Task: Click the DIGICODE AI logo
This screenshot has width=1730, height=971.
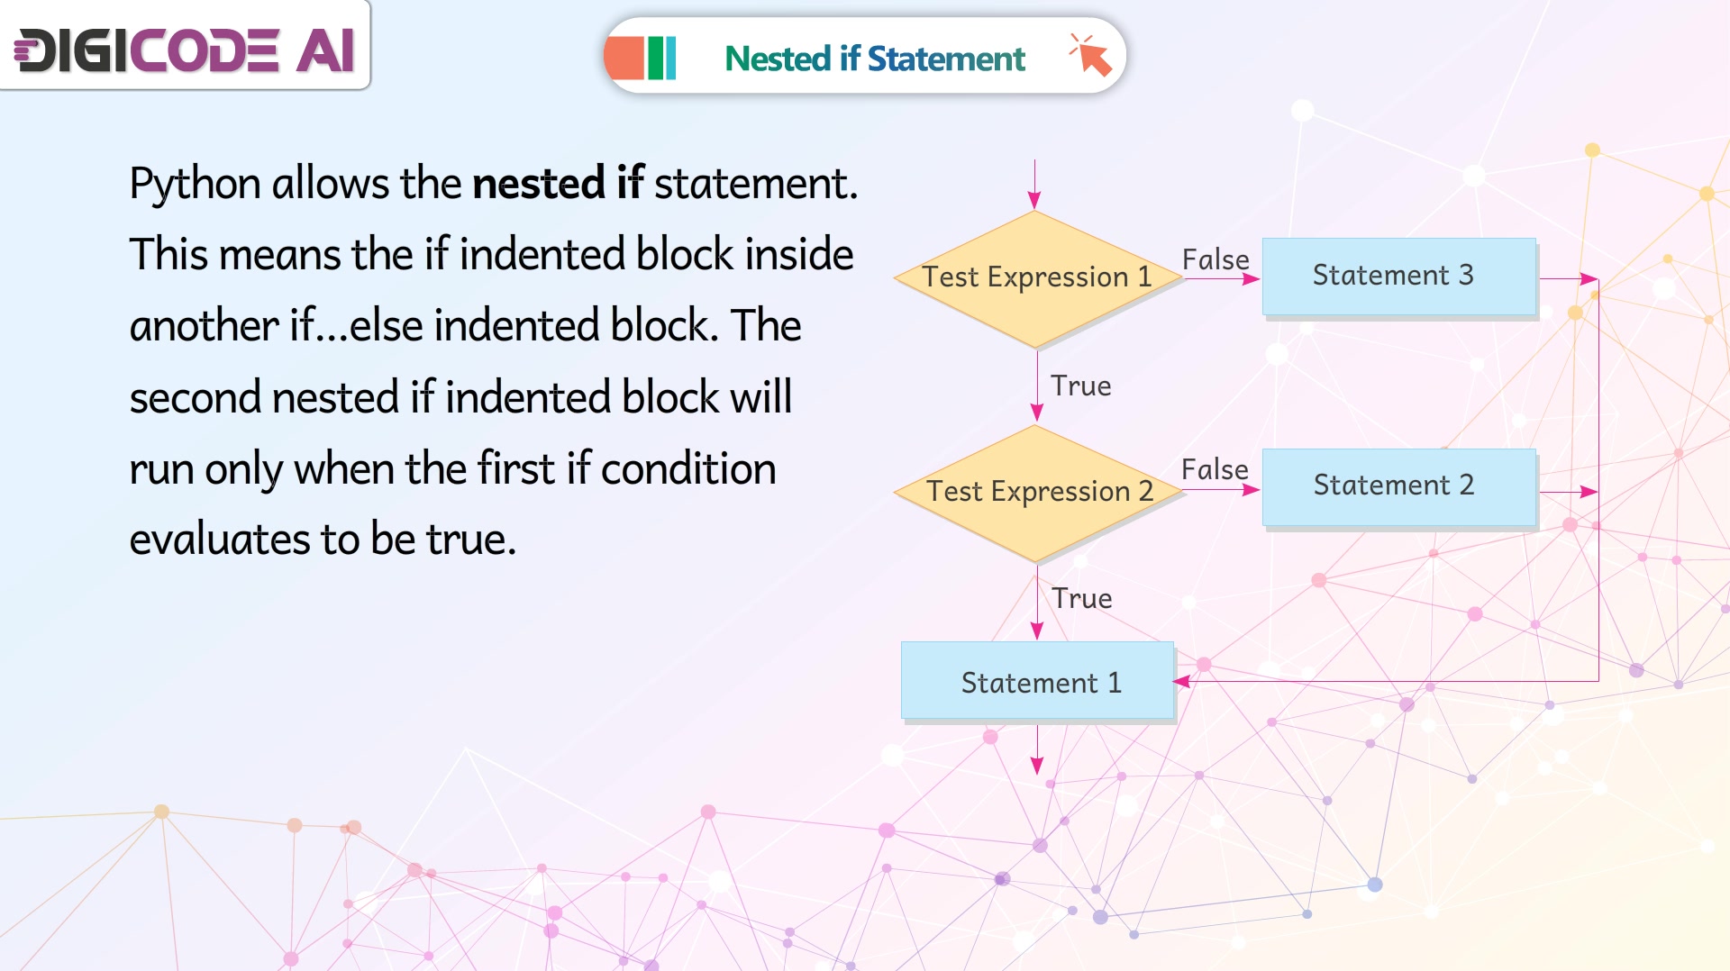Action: point(185,49)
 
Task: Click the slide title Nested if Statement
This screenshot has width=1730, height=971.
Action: point(875,59)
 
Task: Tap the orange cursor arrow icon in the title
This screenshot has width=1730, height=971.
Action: point(1090,55)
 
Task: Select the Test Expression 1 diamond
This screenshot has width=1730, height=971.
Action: point(1036,278)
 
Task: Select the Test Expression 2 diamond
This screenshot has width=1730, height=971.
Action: point(1036,493)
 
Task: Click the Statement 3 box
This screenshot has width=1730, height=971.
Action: point(1398,276)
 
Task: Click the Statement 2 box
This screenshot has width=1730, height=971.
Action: point(1398,486)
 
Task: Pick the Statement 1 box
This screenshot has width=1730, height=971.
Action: point(1037,680)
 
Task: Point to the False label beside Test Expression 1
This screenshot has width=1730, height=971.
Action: point(1216,259)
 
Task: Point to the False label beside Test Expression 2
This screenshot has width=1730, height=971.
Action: point(1215,469)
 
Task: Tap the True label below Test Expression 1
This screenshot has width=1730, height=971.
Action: point(1080,386)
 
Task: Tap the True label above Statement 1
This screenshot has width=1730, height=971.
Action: point(1081,598)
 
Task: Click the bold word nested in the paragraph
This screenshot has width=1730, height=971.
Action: point(539,184)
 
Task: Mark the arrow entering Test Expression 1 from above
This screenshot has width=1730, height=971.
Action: point(1034,185)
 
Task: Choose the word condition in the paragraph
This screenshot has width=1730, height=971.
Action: point(688,468)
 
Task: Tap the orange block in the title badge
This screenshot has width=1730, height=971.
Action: point(625,59)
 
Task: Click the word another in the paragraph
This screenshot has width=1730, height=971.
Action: point(204,326)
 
